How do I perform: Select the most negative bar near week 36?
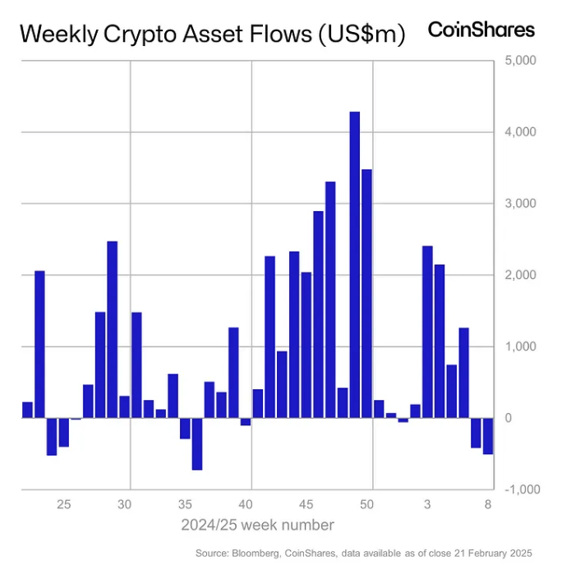pyautogui.click(x=197, y=443)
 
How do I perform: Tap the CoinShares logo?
pyautogui.click(x=481, y=30)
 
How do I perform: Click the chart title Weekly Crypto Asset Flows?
pyautogui.click(x=212, y=34)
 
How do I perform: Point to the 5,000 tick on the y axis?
pyautogui.click(x=519, y=60)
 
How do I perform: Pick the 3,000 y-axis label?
pyautogui.click(x=519, y=203)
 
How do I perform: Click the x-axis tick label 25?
pyautogui.click(x=64, y=504)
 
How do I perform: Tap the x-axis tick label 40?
pyautogui.click(x=248, y=504)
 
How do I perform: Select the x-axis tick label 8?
pyautogui.click(x=488, y=504)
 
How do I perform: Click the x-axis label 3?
pyautogui.click(x=427, y=504)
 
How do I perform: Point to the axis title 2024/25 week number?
pyautogui.click(x=257, y=524)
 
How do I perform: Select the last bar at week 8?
pyautogui.click(x=488, y=435)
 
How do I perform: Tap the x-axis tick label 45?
pyautogui.click(x=306, y=504)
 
